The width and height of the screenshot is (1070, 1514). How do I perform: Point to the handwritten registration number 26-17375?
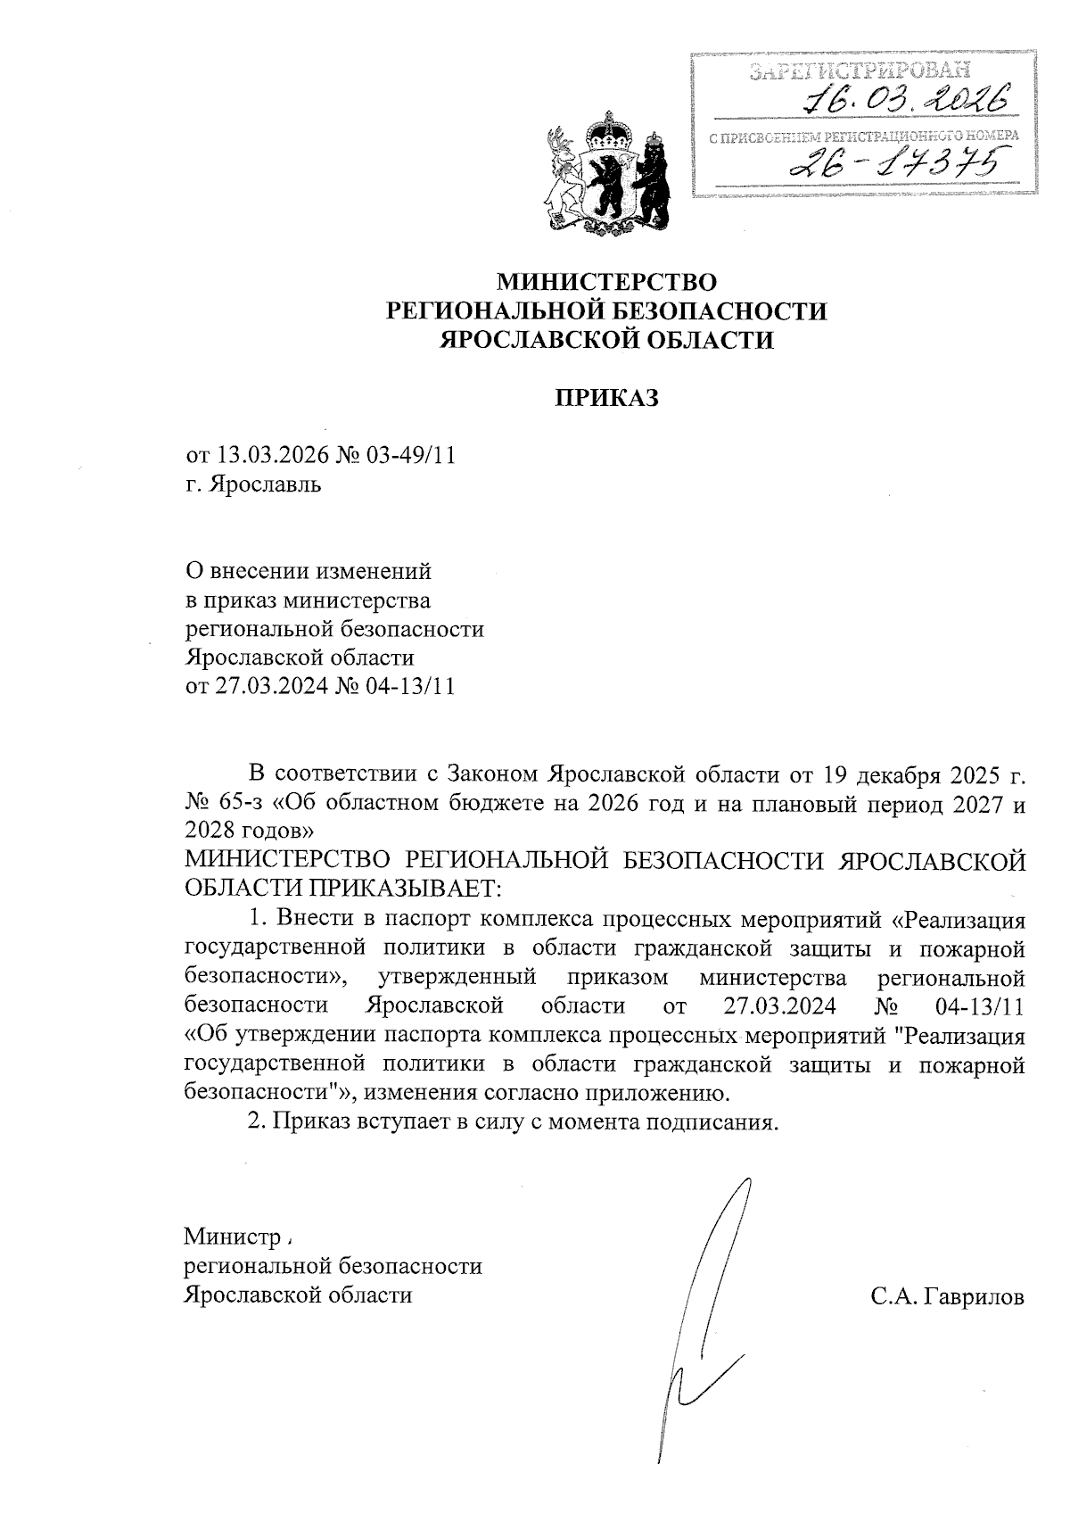(898, 162)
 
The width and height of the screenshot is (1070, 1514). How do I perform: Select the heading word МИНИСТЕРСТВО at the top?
(606, 283)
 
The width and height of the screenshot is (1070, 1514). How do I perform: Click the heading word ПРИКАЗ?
(607, 398)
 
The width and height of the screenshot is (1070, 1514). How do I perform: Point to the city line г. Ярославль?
(254, 484)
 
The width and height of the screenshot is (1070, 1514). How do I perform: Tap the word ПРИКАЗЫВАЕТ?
(406, 888)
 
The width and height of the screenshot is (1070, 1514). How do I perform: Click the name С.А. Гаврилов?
(948, 1296)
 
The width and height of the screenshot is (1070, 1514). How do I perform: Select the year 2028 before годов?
(212, 830)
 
